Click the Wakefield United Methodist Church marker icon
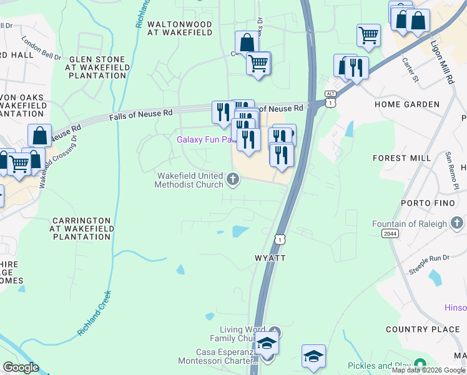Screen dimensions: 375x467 point(233,181)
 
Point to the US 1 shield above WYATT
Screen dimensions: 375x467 point(280,239)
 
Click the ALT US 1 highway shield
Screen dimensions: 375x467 point(330,97)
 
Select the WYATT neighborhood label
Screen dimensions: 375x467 point(270,258)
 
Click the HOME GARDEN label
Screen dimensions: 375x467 point(407,104)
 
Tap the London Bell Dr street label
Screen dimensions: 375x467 point(41,48)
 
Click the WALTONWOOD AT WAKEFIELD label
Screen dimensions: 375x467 point(180,29)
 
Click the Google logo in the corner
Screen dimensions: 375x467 point(21,367)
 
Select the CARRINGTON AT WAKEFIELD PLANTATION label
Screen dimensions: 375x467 point(82,229)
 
